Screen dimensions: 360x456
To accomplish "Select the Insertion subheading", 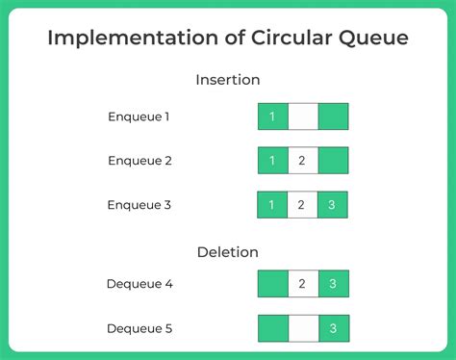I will pyautogui.click(x=227, y=80).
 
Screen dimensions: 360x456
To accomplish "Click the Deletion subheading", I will pyautogui.click(x=227, y=252).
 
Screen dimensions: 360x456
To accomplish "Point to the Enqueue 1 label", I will pyautogui.click(x=139, y=116).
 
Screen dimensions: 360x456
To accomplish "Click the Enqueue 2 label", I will pyautogui.click(x=139, y=161).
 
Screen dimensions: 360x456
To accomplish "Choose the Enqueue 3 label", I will pyautogui.click(x=139, y=205).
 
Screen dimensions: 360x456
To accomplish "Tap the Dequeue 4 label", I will pyautogui.click(x=139, y=284).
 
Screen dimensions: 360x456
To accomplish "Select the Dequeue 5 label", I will pyautogui.click(x=139, y=328).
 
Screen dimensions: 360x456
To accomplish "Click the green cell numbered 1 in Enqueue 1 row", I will pyautogui.click(x=272, y=116).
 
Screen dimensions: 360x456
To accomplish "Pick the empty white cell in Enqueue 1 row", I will pyautogui.click(x=302, y=116).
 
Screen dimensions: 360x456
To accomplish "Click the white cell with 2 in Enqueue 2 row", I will pyautogui.click(x=302, y=161).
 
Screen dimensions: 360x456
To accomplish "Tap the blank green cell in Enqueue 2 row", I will pyautogui.click(x=333, y=161).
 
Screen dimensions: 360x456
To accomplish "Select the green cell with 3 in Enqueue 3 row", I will pyautogui.click(x=333, y=205).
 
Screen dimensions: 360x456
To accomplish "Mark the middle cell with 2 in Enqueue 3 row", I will pyautogui.click(x=302, y=205).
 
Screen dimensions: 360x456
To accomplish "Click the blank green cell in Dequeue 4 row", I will pyautogui.click(x=272, y=284).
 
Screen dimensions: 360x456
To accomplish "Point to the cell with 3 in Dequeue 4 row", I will pyautogui.click(x=333, y=284).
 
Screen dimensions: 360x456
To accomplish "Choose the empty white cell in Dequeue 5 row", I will pyautogui.click(x=302, y=328).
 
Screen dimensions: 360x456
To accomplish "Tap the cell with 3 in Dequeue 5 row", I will pyautogui.click(x=333, y=328).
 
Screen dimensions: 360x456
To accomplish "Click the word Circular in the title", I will pyautogui.click(x=266, y=39).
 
